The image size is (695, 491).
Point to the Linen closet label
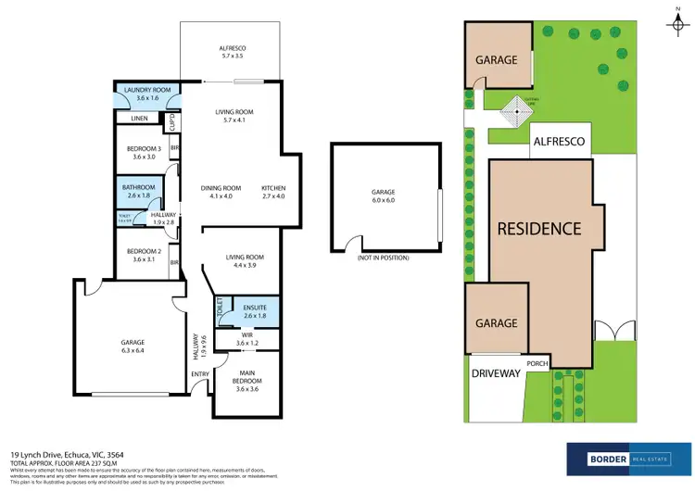tap(139, 119)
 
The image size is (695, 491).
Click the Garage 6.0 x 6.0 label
tap(383, 196)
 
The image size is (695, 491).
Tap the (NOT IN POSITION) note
tap(383, 258)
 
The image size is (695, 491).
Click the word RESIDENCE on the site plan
tap(538, 228)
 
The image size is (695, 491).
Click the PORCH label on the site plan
tap(538, 363)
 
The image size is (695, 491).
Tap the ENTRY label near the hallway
tap(199, 374)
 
